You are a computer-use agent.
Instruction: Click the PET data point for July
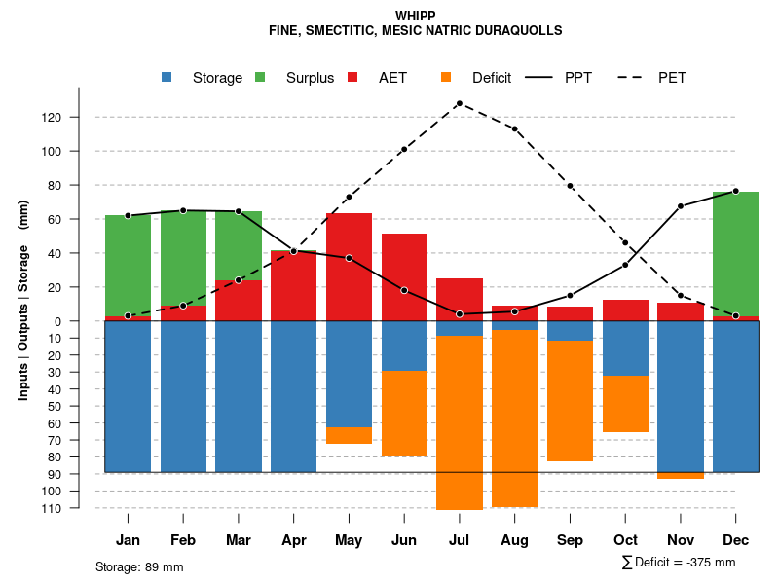459,103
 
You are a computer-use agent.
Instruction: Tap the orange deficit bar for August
514,419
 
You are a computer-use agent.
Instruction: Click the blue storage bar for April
293,396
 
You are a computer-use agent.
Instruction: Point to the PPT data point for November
681,206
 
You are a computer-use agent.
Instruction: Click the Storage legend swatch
168,78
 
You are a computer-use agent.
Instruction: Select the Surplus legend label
310,78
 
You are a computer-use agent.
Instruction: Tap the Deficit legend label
492,78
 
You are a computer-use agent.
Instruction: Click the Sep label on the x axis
570,540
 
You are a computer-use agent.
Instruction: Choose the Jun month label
404,540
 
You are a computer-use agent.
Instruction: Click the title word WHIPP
416,16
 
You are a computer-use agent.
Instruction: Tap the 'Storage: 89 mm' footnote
139,566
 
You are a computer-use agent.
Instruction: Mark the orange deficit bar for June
404,413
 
